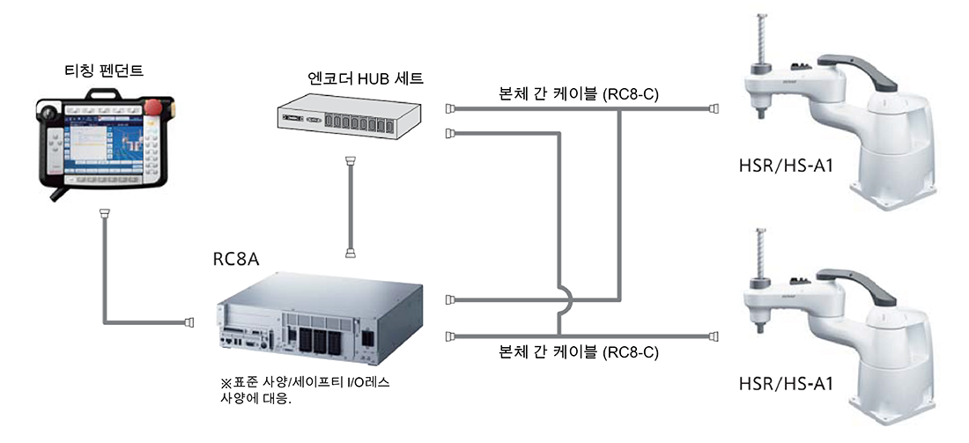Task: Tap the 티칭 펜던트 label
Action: tap(105, 70)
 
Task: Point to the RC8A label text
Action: tap(236, 259)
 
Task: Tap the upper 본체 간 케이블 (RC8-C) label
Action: tap(579, 94)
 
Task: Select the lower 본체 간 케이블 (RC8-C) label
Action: tap(579, 353)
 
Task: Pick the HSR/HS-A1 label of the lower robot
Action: tap(786, 384)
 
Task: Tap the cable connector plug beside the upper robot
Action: tap(714, 108)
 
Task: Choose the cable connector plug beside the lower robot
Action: tap(714, 336)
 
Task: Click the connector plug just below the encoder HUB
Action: tap(351, 162)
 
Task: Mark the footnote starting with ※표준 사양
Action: tap(300, 390)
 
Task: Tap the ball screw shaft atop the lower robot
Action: tap(758, 254)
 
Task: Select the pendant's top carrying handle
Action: tap(103, 93)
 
